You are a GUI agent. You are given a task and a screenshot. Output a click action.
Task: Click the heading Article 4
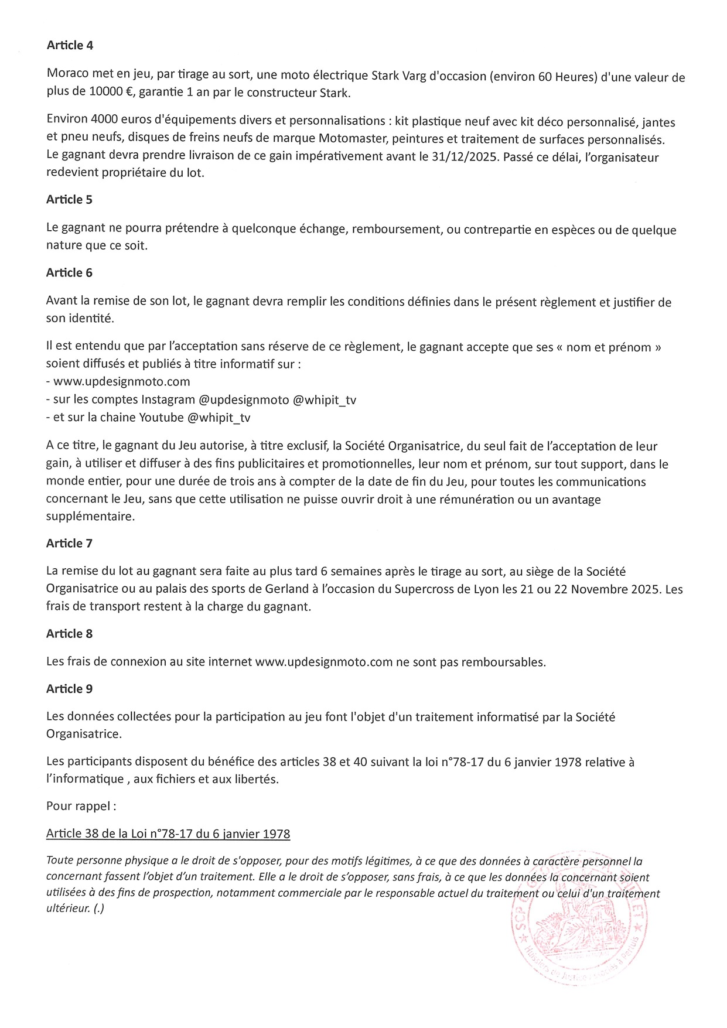(x=69, y=45)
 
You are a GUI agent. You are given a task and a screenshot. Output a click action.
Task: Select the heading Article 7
(x=69, y=543)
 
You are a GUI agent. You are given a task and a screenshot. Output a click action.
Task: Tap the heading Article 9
(x=69, y=689)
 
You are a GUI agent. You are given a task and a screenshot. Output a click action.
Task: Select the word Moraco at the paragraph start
(x=66, y=77)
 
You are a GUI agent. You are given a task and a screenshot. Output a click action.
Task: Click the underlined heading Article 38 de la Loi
(x=168, y=834)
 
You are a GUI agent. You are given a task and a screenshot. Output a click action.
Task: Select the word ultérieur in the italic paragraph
(x=67, y=910)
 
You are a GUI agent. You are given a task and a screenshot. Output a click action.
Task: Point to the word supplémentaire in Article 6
(x=90, y=517)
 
